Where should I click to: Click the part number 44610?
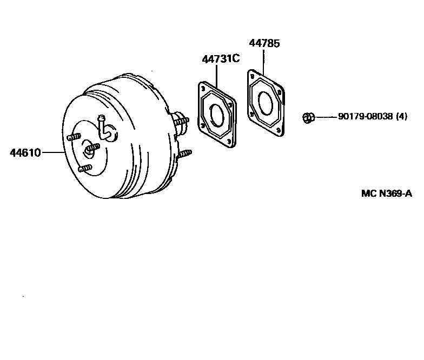25,152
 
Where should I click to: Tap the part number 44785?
264,44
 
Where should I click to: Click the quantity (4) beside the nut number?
401,116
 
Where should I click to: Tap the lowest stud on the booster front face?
84,169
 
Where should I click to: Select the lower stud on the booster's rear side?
184,154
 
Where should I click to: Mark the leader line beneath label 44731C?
217,76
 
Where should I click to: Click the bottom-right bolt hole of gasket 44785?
277,130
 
